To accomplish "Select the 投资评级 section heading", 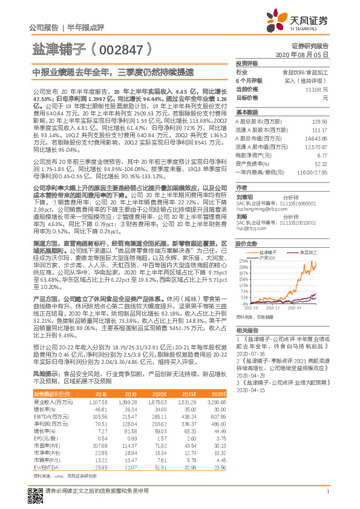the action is coord(247,63).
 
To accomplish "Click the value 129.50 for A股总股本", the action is coord(320,122).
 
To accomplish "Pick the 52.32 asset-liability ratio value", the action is coord(321,163).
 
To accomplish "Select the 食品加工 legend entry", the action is coord(302,251).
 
